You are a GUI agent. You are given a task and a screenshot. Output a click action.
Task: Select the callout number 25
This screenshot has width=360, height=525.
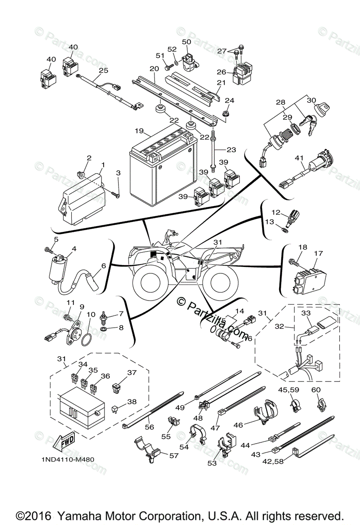(103, 70)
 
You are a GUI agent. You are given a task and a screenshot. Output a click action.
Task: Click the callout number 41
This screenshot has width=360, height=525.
(299, 157)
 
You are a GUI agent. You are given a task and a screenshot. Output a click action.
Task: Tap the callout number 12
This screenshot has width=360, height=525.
(275, 212)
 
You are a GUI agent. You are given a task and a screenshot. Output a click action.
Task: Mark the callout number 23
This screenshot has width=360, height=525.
(231, 150)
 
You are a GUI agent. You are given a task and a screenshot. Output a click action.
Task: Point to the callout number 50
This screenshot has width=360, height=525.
(187, 42)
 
